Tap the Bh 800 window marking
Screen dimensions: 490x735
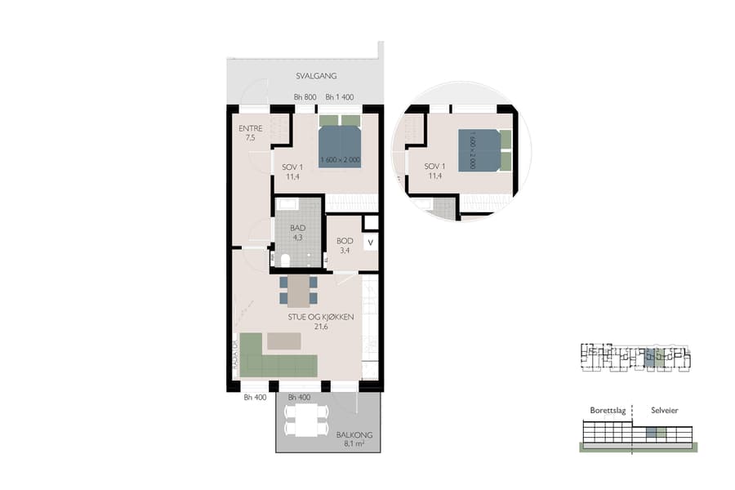pyautogui.click(x=305, y=97)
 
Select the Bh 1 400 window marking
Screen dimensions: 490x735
pyautogui.click(x=341, y=97)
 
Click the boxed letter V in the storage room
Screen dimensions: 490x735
pyautogui.click(x=370, y=243)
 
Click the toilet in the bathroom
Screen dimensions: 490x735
pyautogui.click(x=284, y=261)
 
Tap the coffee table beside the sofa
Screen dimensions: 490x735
pyautogui.click(x=284, y=339)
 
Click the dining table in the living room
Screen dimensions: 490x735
pyautogui.click(x=299, y=290)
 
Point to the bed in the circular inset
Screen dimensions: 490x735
pyautogui.click(x=482, y=150)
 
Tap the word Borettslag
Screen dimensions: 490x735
pyautogui.click(x=608, y=411)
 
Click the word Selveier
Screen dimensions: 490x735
pyautogui.click(x=664, y=411)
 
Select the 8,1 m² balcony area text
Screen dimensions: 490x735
pyautogui.click(x=353, y=445)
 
